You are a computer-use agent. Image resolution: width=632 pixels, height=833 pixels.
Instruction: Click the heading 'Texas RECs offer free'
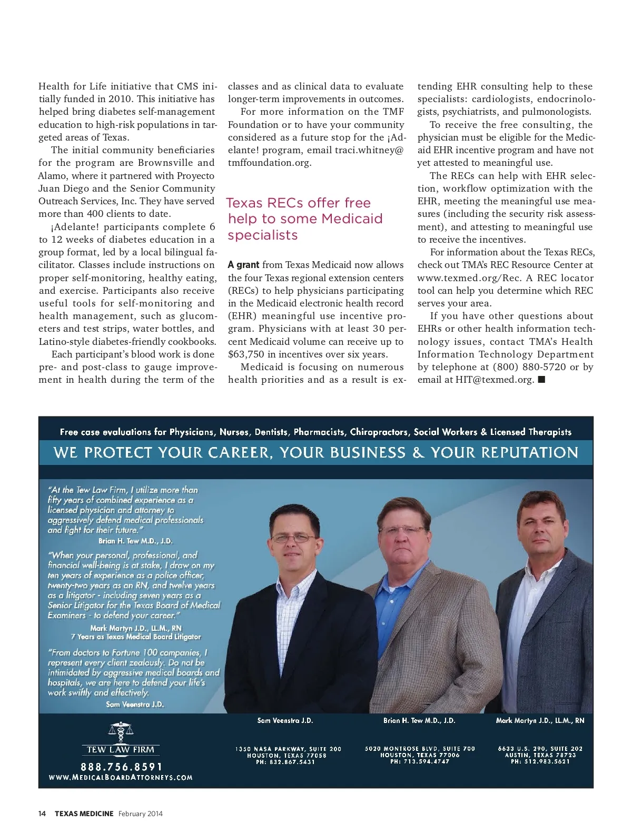[299, 203]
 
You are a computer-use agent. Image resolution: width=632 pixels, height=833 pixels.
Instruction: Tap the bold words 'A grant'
[243, 265]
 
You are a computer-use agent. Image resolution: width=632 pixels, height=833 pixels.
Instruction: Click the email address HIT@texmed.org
[495, 380]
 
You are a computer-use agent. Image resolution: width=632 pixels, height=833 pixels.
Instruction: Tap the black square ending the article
[541, 380]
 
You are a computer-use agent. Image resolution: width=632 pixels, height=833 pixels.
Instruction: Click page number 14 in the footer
[42, 814]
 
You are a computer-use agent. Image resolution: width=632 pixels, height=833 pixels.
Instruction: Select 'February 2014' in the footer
[140, 814]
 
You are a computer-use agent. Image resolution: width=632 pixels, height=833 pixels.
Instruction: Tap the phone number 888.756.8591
[122, 767]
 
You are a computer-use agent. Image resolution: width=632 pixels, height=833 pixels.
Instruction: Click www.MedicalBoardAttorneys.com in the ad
[121, 778]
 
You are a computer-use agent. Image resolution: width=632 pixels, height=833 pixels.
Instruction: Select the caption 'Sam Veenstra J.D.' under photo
[285, 720]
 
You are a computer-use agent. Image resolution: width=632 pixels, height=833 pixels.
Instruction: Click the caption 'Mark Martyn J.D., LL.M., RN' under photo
[540, 720]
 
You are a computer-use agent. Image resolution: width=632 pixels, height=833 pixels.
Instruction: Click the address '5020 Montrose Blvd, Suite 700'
[420, 748]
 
